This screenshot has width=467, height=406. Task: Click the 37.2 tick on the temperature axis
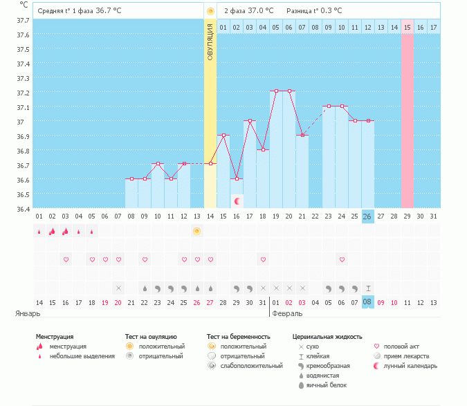pos(23,93)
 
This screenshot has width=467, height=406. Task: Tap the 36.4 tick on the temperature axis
pos(23,208)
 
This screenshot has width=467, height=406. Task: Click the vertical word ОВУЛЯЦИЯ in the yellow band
pos(210,41)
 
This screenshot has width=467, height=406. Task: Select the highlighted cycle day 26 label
pos(367,216)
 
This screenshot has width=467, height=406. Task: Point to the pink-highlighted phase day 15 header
pos(407,27)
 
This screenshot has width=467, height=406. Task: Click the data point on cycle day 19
pos(276,91)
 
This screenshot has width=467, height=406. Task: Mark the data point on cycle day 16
pos(237,178)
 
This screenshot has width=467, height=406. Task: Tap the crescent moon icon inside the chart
pos(237,201)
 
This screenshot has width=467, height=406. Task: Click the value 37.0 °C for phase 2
pos(261,11)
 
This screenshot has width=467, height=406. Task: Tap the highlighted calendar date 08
pos(367,302)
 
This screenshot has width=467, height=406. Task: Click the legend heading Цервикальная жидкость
pos(327,336)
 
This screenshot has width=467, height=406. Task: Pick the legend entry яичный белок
pos(330,385)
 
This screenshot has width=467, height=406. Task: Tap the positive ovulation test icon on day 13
pos(197,231)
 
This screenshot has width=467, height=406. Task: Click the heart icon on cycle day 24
pos(342,259)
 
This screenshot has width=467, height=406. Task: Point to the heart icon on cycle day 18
pos(263,259)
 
